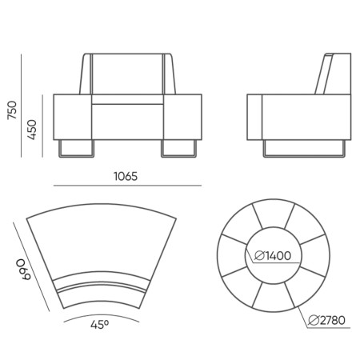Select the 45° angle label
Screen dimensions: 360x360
(99, 325)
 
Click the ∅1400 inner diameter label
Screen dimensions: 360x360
(274, 256)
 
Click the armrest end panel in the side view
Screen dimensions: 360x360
(255, 117)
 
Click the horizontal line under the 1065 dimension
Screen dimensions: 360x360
(127, 186)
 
